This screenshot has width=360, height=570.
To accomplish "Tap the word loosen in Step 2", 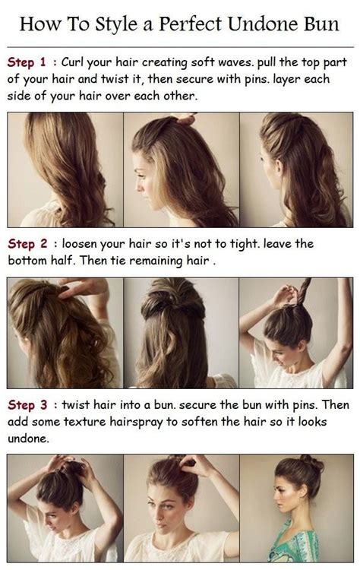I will point(86,245).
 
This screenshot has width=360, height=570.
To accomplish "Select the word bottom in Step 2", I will point(28,260).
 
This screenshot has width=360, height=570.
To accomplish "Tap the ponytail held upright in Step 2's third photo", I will point(303,293).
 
